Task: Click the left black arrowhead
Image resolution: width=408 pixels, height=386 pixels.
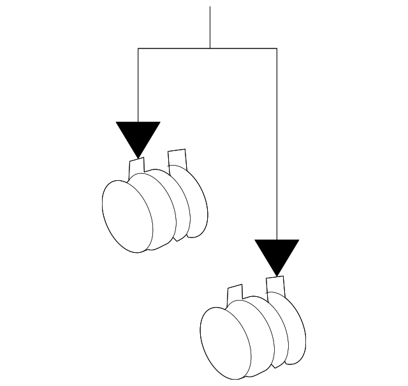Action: pos(138,135)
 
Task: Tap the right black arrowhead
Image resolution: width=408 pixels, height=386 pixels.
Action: pos(276,254)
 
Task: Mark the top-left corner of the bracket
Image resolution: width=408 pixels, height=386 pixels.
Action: pos(138,48)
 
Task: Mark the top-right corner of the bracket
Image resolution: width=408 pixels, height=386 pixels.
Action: pos(276,48)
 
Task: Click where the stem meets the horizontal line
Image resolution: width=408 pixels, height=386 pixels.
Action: pos(210,48)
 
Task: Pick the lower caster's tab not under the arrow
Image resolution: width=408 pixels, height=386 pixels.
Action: pos(235,294)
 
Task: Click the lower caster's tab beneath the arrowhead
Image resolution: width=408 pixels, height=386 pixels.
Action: pos(276,285)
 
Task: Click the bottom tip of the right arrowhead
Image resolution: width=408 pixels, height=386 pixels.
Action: pos(276,275)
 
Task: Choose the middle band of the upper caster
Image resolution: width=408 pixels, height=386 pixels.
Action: pos(164,207)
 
